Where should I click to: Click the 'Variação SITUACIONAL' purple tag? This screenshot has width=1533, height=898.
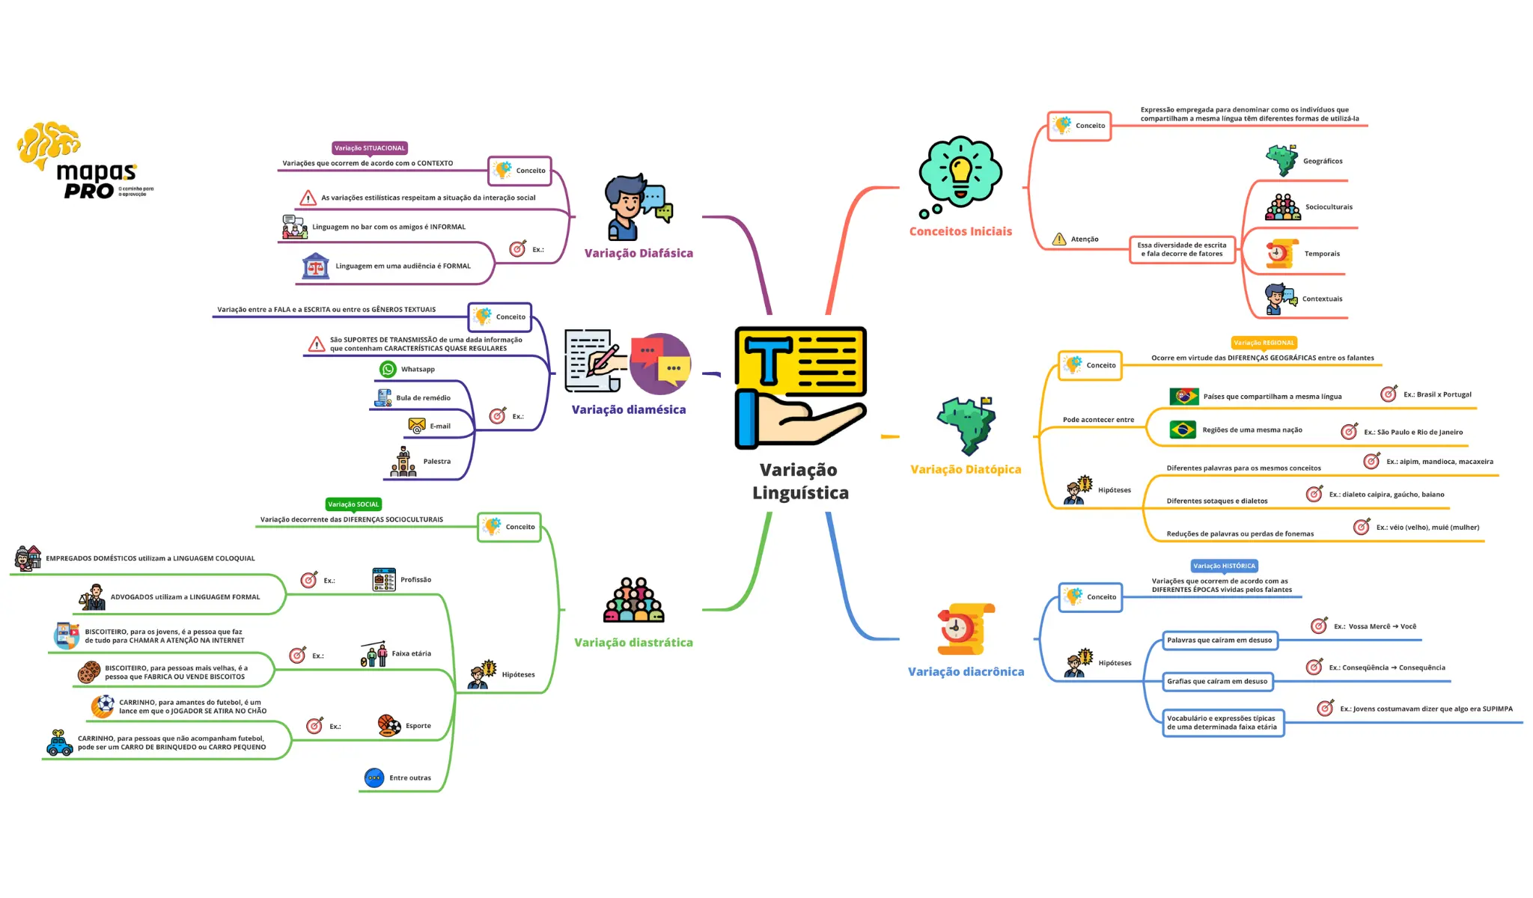point(369,148)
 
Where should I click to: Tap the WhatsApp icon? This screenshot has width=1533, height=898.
point(388,369)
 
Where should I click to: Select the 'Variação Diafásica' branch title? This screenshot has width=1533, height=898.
point(639,254)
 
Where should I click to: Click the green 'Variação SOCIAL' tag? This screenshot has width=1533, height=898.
point(353,504)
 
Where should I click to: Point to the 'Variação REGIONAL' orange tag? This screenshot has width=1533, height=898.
point(1264,343)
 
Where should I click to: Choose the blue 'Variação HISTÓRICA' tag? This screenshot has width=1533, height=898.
point(1224,566)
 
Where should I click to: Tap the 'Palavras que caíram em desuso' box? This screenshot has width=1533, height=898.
point(1219,641)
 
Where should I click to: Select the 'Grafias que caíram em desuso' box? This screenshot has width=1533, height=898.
point(1217,682)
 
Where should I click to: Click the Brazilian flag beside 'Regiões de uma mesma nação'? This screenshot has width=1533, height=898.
point(1183,430)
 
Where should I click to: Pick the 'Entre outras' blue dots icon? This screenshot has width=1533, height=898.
point(374,778)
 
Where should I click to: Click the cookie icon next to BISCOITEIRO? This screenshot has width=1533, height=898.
point(89,672)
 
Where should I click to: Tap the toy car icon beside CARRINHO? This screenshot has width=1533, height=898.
point(59,743)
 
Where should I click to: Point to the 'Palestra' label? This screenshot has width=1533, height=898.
point(437,462)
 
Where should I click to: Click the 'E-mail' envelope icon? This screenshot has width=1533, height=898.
point(416,426)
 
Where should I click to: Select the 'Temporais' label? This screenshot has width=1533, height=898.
point(1322,254)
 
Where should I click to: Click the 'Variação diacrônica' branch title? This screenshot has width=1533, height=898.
point(966,672)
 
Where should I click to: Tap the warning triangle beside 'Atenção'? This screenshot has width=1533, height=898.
point(1059,239)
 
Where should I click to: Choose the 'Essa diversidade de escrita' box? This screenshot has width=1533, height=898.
point(1182,249)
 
